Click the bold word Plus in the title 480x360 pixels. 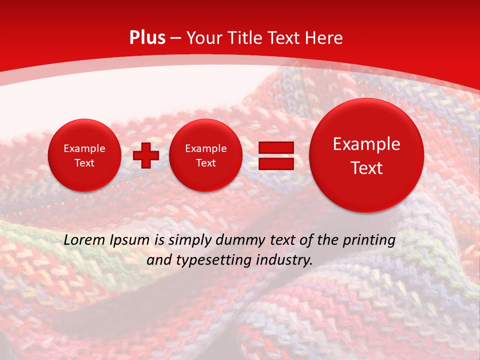pyautogui.click(x=147, y=38)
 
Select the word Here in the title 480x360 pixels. pyautogui.click(x=325, y=38)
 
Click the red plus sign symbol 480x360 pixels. pyautogui.click(x=146, y=155)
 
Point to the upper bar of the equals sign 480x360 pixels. pyautogui.click(x=275, y=147)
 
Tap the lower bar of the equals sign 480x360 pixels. pyautogui.click(x=275, y=163)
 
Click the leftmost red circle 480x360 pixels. pyautogui.click(x=84, y=155)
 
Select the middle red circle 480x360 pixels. pyautogui.click(x=205, y=155)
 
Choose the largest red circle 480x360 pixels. pyautogui.click(x=366, y=155)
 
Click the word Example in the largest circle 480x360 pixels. pyautogui.click(x=366, y=144)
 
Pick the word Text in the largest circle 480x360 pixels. pyautogui.click(x=366, y=168)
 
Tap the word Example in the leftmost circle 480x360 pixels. pyautogui.click(x=84, y=148)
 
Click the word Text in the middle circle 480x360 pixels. pyautogui.click(x=205, y=163)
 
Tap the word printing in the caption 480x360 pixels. pyautogui.click(x=368, y=240)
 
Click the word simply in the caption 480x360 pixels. pyautogui.click(x=189, y=240)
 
